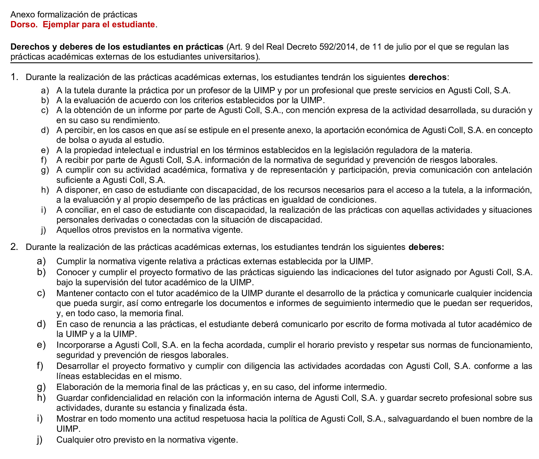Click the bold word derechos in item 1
click(427, 77)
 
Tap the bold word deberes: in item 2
click(426, 247)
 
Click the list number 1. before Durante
click(14, 77)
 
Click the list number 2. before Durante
click(14, 247)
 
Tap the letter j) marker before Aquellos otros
click(43, 230)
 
